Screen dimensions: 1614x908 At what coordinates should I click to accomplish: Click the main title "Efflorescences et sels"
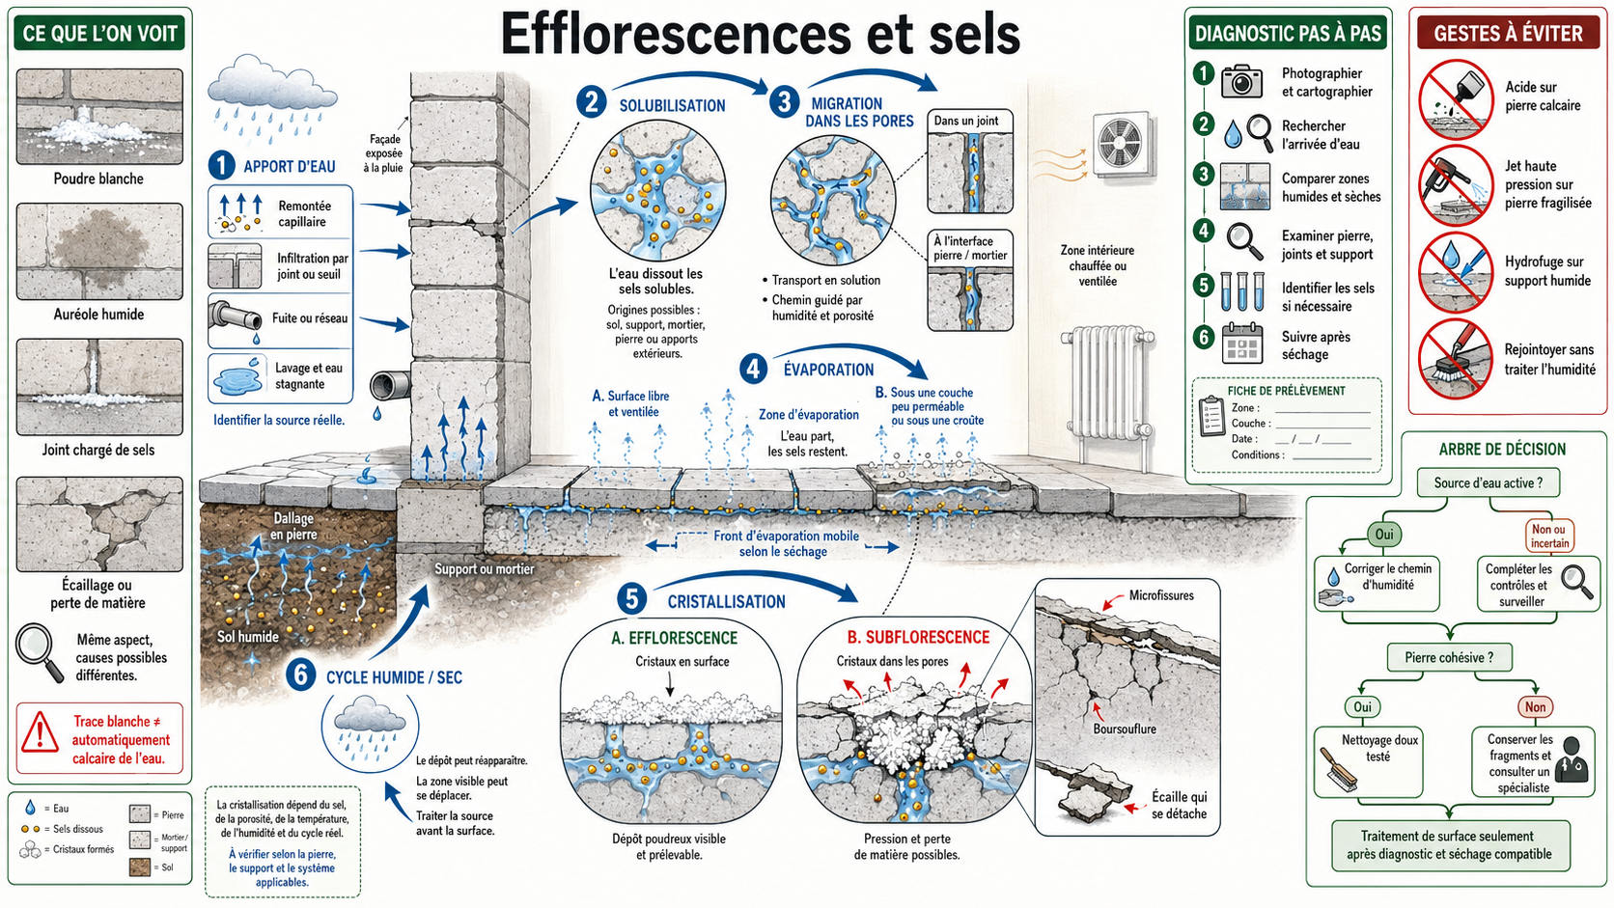tap(760, 33)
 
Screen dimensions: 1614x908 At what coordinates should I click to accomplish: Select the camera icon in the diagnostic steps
tap(1241, 81)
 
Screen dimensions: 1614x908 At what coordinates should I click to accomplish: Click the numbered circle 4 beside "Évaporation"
tap(753, 369)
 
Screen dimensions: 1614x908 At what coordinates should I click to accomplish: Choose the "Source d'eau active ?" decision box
tap(1488, 482)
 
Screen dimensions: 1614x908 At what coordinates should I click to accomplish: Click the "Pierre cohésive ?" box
tap(1449, 657)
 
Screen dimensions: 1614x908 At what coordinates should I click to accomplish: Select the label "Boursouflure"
tap(1124, 729)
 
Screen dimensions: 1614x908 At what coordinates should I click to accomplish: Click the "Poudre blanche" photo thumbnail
tap(99, 117)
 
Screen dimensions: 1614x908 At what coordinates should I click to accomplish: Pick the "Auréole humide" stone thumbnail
tap(99, 251)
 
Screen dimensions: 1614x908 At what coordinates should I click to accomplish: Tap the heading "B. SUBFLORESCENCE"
tap(918, 637)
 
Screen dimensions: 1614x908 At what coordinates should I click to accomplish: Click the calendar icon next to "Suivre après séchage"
tap(1242, 343)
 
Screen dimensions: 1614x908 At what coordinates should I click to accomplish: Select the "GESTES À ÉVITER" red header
tap(1508, 33)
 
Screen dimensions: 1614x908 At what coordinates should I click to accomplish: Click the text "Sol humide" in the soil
tap(248, 637)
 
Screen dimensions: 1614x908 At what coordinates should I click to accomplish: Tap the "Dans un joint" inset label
tap(966, 121)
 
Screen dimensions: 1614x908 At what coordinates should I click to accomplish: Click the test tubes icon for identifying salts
tap(1242, 290)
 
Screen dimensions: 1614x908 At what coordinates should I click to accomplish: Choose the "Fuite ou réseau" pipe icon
tap(236, 319)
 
